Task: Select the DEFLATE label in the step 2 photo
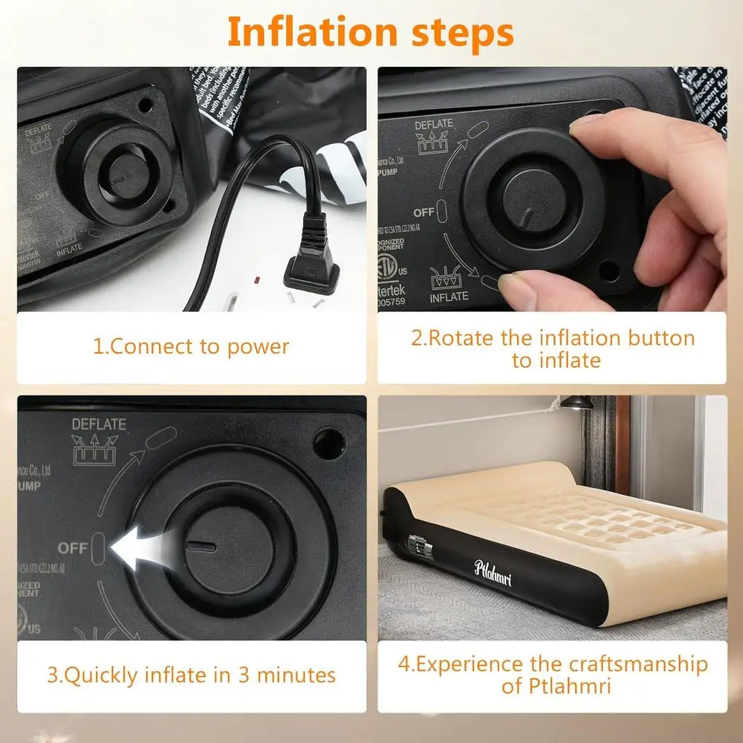[x=433, y=124]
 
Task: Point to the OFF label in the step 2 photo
[x=424, y=212]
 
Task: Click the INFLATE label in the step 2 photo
[x=449, y=296]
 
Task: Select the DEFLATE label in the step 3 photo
[x=99, y=424]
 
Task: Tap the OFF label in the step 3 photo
[x=73, y=548]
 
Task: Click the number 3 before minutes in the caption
[x=243, y=675]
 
